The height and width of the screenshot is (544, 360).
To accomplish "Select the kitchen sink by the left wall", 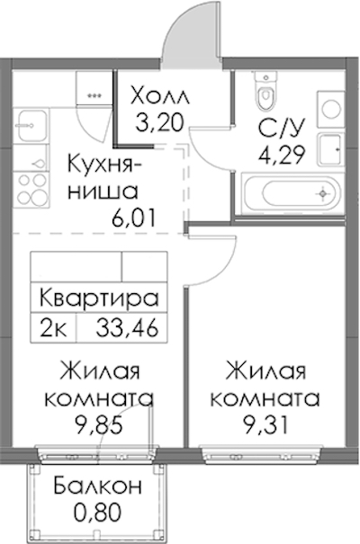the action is pyautogui.click(x=31, y=125).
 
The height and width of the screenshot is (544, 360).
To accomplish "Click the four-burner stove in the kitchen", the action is pyautogui.click(x=31, y=190).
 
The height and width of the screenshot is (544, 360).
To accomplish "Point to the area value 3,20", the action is pyautogui.click(x=159, y=123).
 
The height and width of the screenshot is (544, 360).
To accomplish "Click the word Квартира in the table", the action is pyautogui.click(x=99, y=298).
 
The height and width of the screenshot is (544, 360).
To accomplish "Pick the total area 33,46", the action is pyautogui.click(x=128, y=327).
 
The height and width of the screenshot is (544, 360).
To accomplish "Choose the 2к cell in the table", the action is pyautogui.click(x=53, y=327).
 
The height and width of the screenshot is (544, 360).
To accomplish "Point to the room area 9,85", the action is pyautogui.click(x=99, y=425).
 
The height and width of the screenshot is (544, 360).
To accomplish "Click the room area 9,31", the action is pyautogui.click(x=265, y=425).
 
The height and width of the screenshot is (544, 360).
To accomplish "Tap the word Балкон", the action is pyautogui.click(x=98, y=486).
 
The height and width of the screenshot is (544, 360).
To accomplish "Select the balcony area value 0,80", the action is pyautogui.click(x=98, y=513).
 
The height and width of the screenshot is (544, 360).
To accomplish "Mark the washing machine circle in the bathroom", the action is pyautogui.click(x=331, y=109).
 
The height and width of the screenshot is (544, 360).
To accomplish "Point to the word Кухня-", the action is pyautogui.click(x=103, y=165).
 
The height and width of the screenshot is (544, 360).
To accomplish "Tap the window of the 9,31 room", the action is pyautogui.click(x=263, y=454).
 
